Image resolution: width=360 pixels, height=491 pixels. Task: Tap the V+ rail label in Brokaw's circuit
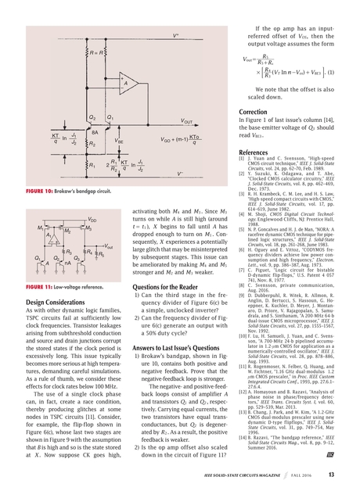tap(177, 35)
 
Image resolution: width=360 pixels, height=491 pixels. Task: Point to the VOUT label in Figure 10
tap(186, 122)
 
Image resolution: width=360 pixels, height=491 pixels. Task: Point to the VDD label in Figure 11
tap(92, 220)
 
